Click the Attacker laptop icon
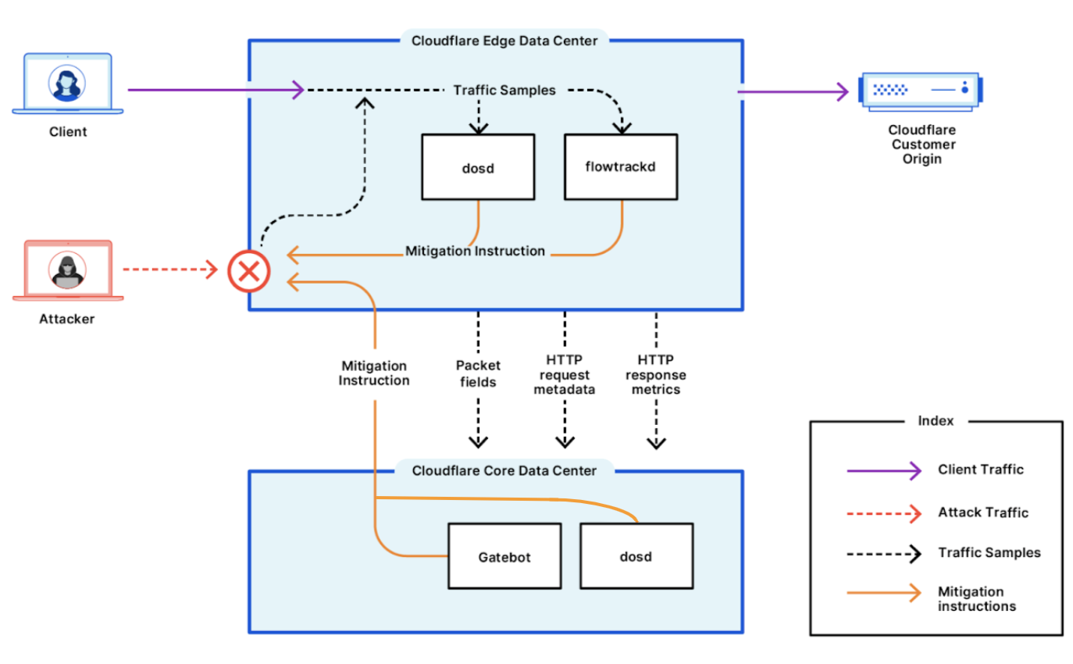click(x=68, y=270)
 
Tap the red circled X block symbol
click(x=248, y=272)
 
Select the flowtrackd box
click(x=622, y=166)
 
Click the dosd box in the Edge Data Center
click(x=478, y=166)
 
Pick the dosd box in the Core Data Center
click(x=636, y=556)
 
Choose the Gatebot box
click(x=504, y=556)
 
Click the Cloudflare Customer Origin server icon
click(x=921, y=88)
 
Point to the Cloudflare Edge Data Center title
click(x=504, y=41)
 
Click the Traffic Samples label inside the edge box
click(x=504, y=91)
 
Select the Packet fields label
click(x=478, y=373)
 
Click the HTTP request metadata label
click(x=565, y=374)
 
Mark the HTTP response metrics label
click(x=656, y=374)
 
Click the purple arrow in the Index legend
click(x=883, y=470)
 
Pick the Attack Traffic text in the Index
click(x=983, y=512)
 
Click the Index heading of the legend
click(x=936, y=421)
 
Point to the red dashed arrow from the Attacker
click(x=169, y=271)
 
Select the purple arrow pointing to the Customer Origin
click(x=792, y=92)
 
